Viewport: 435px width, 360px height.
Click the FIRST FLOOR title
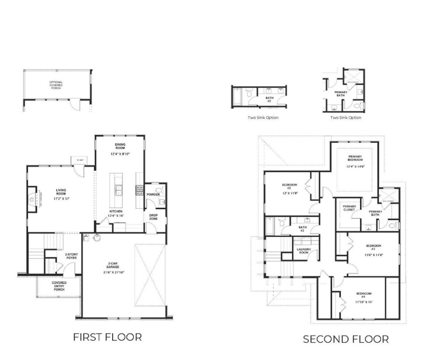107,337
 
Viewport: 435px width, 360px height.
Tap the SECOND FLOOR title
345,339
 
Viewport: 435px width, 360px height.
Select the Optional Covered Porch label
56,85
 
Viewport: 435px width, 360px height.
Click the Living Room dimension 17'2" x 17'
61,199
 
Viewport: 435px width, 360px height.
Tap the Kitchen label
116,211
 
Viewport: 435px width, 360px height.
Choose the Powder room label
153,194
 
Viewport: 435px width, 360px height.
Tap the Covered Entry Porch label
59,286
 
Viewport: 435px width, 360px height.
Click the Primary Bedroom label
355,158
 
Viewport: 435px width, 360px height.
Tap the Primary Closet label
349,208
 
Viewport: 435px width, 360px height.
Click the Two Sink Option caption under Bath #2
263,118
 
